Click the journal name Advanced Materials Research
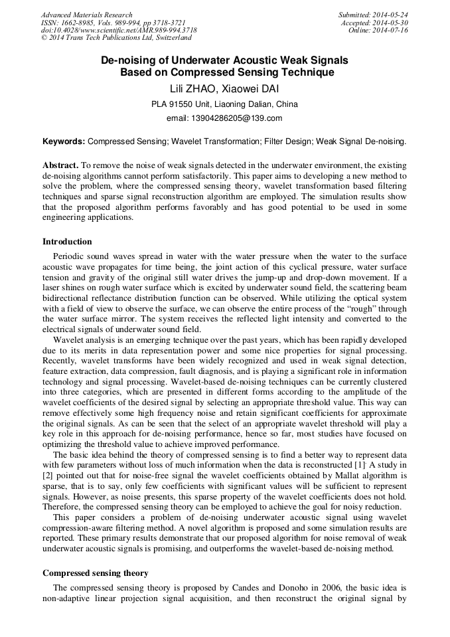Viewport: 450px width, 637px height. click(86, 15)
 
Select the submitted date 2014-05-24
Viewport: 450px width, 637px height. click(391, 15)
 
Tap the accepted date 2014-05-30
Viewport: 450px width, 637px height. click(391, 23)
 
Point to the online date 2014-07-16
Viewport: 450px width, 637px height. click(391, 31)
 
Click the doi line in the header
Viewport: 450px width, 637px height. click(118, 31)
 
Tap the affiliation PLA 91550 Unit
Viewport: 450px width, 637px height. click(183, 104)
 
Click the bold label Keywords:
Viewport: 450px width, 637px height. click(64, 141)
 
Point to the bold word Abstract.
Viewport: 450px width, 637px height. click(60, 165)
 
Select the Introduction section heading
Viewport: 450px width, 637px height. click(67, 241)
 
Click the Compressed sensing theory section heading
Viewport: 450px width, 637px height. click(96, 573)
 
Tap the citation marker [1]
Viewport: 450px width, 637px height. click(354, 466)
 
